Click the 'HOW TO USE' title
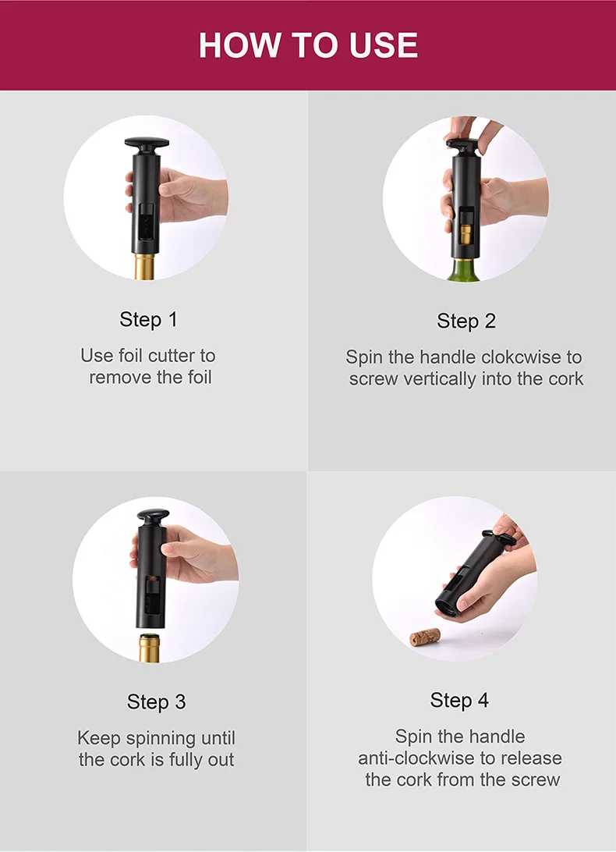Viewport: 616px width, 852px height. pyautogui.click(x=308, y=44)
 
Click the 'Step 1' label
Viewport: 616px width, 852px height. pyautogui.click(x=148, y=319)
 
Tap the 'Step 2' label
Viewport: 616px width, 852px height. pyautogui.click(x=466, y=321)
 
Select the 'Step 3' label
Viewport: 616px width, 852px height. pyautogui.click(x=156, y=702)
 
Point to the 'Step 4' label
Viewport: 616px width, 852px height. pyautogui.click(x=459, y=700)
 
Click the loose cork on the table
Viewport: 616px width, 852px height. pyautogui.click(x=425, y=637)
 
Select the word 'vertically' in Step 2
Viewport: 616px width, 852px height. pyautogui.click(x=451, y=379)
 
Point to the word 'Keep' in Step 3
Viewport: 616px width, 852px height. pyautogui.click(x=99, y=738)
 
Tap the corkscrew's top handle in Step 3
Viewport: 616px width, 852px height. pyautogui.click(x=153, y=517)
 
